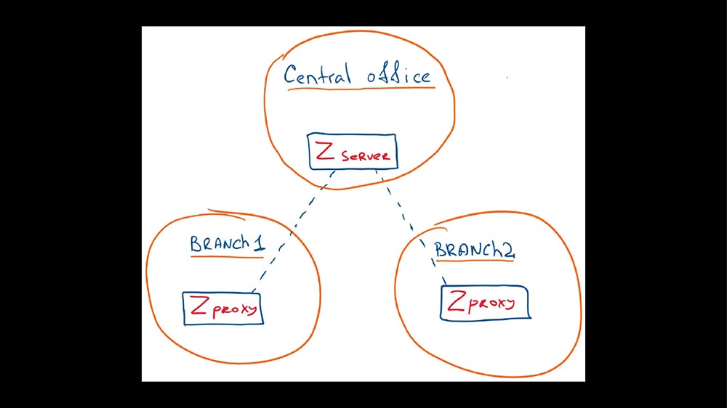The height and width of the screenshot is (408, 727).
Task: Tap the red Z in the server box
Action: click(x=325, y=152)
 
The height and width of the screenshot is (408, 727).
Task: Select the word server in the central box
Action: click(x=367, y=156)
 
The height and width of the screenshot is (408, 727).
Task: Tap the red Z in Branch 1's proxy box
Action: click(x=198, y=306)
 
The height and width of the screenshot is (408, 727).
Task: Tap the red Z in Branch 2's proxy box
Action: click(x=457, y=301)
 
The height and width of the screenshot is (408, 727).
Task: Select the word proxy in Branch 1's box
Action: click(x=236, y=309)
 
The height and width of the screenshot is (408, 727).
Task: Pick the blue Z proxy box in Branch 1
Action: click(x=222, y=308)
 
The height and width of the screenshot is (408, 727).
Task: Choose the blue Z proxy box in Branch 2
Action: click(x=485, y=302)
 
